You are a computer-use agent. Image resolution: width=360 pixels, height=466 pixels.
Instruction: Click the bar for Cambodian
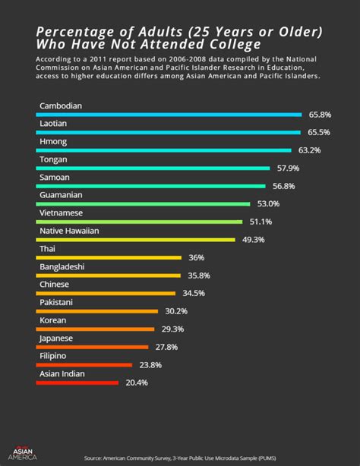(x=169, y=115)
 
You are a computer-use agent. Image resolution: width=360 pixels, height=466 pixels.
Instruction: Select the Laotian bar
(x=168, y=133)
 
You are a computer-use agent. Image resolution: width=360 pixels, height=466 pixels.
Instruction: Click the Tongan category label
(x=53, y=159)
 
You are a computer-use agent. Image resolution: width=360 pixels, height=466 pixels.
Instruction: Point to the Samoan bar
(x=150, y=186)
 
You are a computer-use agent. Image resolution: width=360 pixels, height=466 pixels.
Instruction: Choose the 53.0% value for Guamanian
(x=268, y=203)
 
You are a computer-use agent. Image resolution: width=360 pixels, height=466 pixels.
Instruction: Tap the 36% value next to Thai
(x=196, y=258)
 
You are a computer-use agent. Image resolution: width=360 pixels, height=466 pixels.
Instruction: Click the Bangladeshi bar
(x=109, y=276)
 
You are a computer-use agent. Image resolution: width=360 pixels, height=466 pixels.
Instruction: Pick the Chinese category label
(x=54, y=285)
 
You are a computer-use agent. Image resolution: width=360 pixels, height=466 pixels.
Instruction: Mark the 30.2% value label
(x=176, y=311)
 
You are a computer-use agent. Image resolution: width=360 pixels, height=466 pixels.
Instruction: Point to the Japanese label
(x=55, y=338)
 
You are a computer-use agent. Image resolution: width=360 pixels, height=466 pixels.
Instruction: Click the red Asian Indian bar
(x=77, y=383)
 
